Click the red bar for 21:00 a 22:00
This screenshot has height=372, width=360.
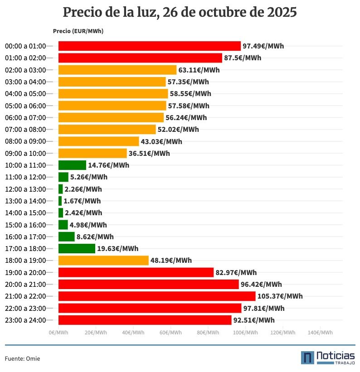click(157, 296)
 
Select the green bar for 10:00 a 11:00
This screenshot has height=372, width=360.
click(72, 165)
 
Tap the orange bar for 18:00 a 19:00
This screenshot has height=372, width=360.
click(103, 261)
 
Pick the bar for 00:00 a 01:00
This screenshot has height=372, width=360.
click(150, 46)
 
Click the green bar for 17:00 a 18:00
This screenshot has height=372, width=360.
click(77, 248)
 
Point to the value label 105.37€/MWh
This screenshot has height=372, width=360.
click(280, 296)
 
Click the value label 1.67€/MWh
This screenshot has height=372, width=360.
click(82, 201)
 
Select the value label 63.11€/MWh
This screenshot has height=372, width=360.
click(199, 70)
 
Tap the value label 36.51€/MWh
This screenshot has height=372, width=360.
click(149, 153)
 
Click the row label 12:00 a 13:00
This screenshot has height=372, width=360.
click(25, 189)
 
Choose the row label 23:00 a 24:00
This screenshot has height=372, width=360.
click(25, 320)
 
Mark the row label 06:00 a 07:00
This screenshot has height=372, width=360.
click(25, 117)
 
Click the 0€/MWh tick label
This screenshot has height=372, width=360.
click(58, 332)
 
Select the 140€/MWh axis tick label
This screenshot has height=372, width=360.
click(320, 332)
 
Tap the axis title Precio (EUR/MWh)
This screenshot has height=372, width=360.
click(78, 31)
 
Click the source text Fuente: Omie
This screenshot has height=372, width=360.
click(23, 358)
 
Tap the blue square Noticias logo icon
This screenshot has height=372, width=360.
click(307, 358)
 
